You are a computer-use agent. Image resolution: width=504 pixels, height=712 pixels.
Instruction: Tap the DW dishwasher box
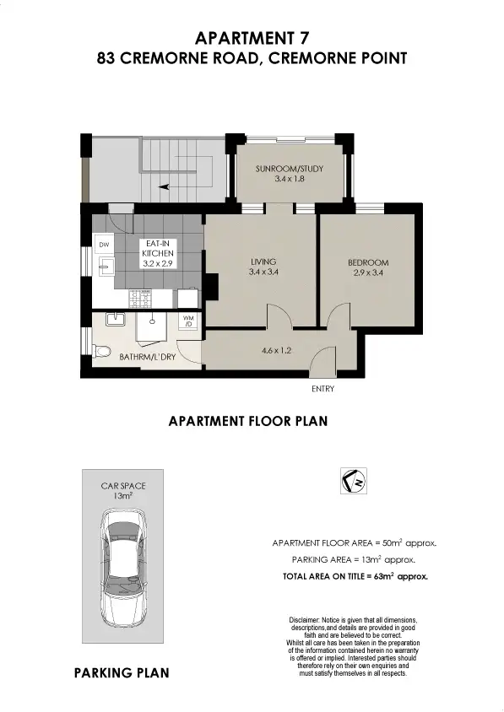104,245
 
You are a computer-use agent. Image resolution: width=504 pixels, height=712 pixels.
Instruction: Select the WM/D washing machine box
189,321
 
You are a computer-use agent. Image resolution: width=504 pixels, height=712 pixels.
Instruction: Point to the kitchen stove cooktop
141,298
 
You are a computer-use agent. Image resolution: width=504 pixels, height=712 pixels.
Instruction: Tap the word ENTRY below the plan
322,389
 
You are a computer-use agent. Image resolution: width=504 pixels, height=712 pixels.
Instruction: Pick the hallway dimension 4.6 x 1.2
276,349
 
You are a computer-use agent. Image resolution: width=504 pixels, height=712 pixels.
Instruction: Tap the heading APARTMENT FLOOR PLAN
248,420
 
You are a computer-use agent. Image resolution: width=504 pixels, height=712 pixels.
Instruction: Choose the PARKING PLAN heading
122,672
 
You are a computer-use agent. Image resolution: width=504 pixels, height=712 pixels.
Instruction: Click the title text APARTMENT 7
251,38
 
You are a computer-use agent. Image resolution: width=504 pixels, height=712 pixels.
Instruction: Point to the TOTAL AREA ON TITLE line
355,577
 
